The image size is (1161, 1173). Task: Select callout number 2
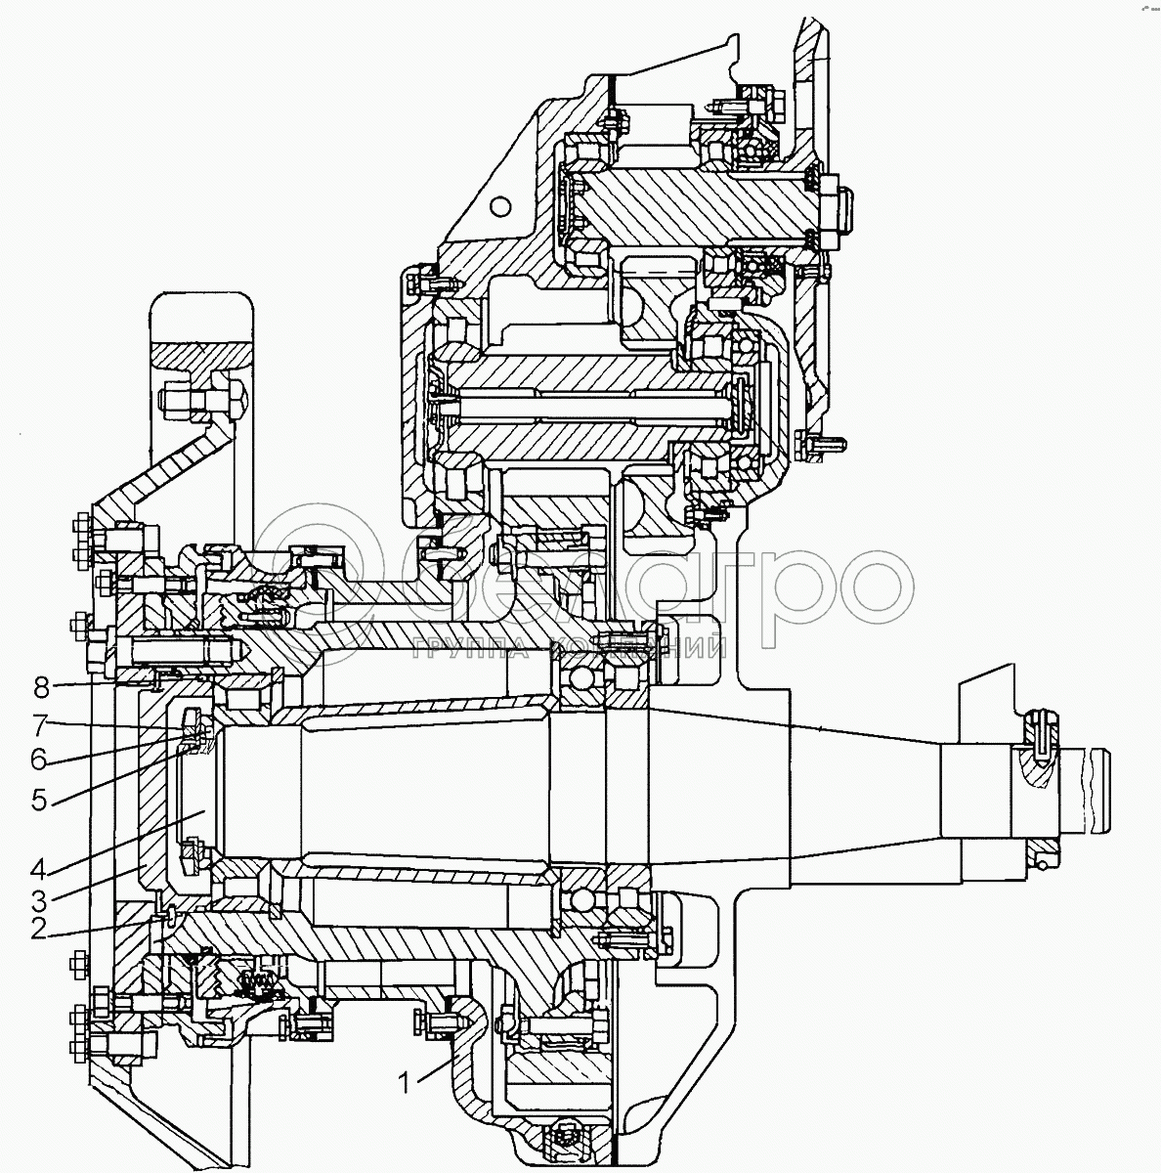[x=38, y=929]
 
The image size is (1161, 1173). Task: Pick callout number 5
[x=38, y=799]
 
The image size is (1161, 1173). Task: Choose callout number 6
[x=38, y=758]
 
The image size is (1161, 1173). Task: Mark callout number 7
[x=38, y=724]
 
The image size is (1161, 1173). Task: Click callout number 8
[x=40, y=688]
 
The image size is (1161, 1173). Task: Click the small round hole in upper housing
[x=501, y=206]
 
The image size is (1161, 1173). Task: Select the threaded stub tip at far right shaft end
[x=1096, y=791]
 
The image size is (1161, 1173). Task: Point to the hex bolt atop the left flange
[x=200, y=399]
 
